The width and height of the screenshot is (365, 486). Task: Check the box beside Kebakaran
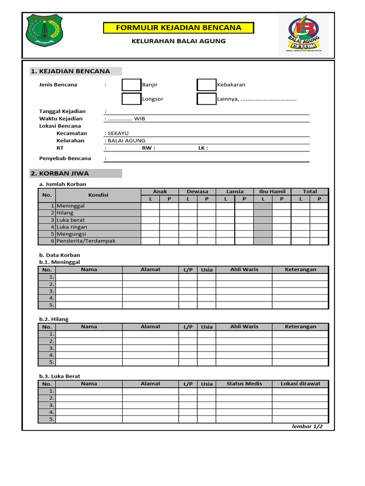coord(206,85)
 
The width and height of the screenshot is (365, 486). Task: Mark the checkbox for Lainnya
coord(206,99)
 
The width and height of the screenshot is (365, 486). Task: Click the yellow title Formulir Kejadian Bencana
coord(178,28)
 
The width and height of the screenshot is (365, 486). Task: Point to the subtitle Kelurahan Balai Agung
coord(178,41)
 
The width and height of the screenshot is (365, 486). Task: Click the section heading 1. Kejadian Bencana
coord(70,71)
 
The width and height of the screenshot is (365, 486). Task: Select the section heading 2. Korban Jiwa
coord(60,173)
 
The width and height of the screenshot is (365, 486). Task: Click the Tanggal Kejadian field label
coord(62,112)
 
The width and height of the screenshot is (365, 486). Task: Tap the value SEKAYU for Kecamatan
coord(118,133)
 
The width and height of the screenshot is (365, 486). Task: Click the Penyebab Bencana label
coord(65,159)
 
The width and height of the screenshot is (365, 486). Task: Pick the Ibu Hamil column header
coord(272,192)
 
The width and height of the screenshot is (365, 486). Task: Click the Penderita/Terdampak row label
coord(86,241)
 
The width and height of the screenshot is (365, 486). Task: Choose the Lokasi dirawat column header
coord(300,383)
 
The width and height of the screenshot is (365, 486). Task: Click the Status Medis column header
coord(244,383)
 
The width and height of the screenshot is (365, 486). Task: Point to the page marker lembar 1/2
coord(307,427)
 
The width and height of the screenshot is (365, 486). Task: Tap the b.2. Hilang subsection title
coord(54,319)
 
